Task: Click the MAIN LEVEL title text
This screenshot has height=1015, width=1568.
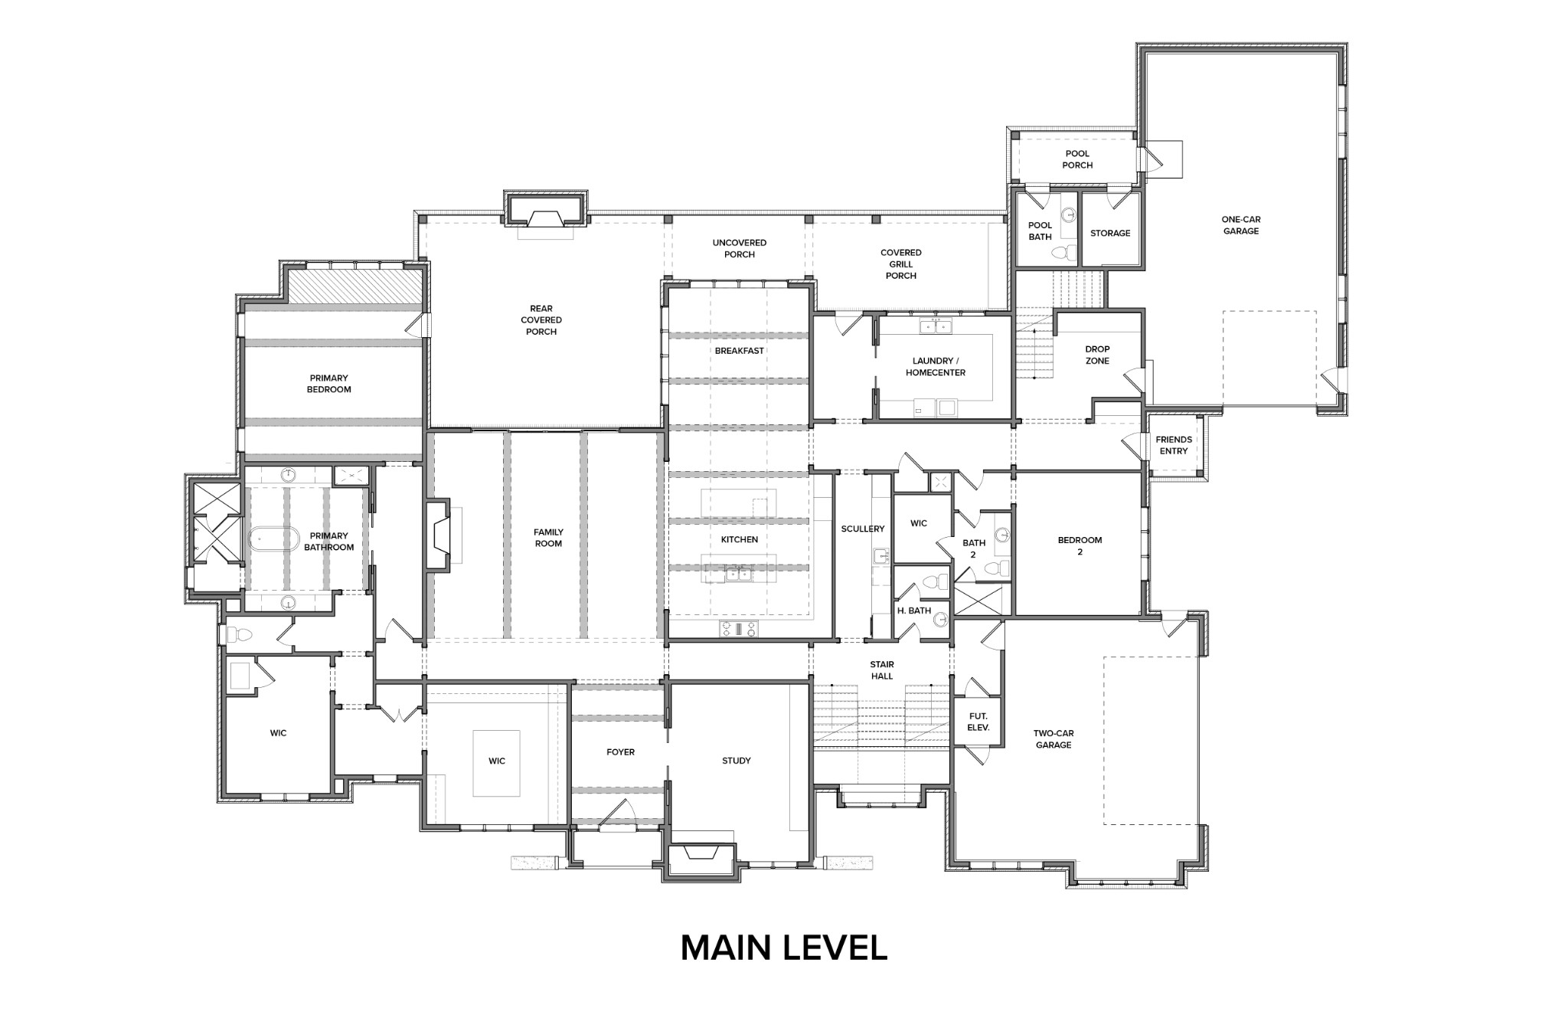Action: (783, 948)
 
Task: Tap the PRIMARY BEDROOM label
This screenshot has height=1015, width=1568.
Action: (329, 384)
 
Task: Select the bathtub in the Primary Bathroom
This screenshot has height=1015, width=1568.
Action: (273, 538)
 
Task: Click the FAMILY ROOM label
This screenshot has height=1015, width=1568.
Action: (548, 538)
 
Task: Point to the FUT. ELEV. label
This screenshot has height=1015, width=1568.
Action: (978, 722)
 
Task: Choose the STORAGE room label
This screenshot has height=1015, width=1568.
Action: (1109, 233)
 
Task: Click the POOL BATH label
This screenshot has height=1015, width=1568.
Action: (1040, 231)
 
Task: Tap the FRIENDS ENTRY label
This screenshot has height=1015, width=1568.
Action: (1173, 445)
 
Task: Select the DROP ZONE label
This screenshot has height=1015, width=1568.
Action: (1096, 355)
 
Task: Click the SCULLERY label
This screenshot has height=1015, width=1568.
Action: (862, 529)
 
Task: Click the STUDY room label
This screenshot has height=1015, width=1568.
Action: (736, 761)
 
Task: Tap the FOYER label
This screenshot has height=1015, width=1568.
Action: (620, 752)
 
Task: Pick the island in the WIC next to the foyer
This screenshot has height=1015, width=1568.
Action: (497, 763)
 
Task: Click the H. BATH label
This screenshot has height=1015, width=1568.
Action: (913, 611)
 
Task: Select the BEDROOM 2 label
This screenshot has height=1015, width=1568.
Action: (1080, 545)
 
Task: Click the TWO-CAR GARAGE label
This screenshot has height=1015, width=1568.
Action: (1053, 738)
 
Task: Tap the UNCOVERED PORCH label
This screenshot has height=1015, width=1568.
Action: (739, 248)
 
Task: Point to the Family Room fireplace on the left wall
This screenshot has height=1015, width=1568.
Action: (440, 535)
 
